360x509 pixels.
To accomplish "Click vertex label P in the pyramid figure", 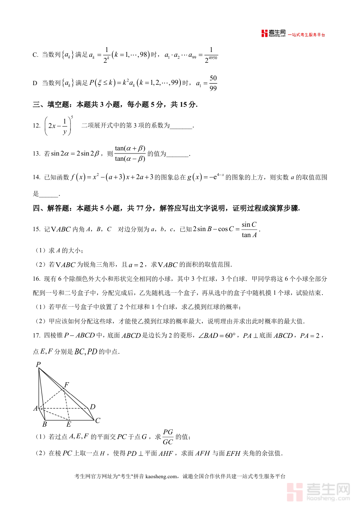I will (38, 364).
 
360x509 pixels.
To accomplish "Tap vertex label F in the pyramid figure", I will (66, 385).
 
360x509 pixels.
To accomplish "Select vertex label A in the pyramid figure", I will (36, 409).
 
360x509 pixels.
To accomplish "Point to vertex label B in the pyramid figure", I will (44, 424).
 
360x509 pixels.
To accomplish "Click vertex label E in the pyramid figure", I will (68, 424).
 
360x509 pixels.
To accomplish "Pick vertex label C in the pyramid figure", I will (97, 420).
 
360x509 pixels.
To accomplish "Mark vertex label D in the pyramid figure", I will (92, 407).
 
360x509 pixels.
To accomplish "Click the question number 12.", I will (36, 126).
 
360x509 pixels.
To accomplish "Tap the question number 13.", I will (36, 154).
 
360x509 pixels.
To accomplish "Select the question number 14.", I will (36, 177).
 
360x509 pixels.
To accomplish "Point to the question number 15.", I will (36, 229).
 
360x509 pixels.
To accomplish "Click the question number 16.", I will (36, 278).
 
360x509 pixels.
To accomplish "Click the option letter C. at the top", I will (35, 55).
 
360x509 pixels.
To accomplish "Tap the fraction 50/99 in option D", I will (213, 83).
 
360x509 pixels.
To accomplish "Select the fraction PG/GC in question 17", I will (168, 437).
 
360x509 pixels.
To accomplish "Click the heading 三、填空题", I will (50, 105).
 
